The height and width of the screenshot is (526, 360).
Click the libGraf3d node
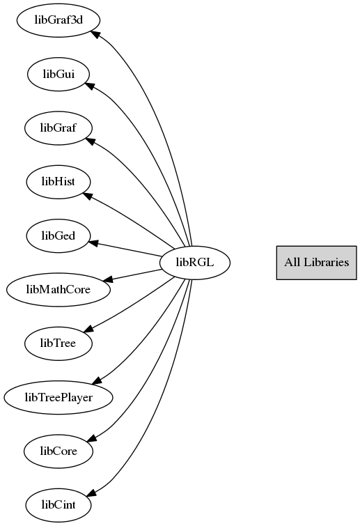pyautogui.click(x=58, y=20)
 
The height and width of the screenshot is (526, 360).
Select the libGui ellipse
pyautogui.click(x=58, y=74)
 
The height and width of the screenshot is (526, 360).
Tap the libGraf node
pyautogui.click(x=58, y=128)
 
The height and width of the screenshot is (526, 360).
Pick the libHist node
pyautogui.click(x=58, y=182)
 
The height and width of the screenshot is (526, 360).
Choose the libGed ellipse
pyautogui.click(x=58, y=235)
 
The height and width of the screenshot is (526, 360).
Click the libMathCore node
pyautogui.click(x=58, y=290)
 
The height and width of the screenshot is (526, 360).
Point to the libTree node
pyautogui.click(x=58, y=343)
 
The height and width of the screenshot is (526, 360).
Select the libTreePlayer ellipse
pyautogui.click(x=58, y=398)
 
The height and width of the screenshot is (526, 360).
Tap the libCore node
pyautogui.click(x=58, y=451)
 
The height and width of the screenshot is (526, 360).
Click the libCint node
pyautogui.click(x=58, y=505)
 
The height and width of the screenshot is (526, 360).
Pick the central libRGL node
pyautogui.click(x=195, y=263)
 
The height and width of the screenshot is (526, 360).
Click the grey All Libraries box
pyautogui.click(x=316, y=263)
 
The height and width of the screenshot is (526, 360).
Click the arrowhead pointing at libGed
pyautogui.click(x=93, y=243)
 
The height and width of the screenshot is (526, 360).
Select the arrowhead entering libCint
pyautogui.click(x=91, y=492)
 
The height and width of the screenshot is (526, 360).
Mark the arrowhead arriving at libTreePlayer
pyautogui.click(x=97, y=380)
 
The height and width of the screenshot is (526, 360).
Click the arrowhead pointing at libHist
pyautogui.click(x=88, y=196)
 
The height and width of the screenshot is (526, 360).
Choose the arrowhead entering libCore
pyautogui.click(x=91, y=438)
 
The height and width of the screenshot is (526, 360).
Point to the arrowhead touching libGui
pyautogui.click(x=90, y=86)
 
